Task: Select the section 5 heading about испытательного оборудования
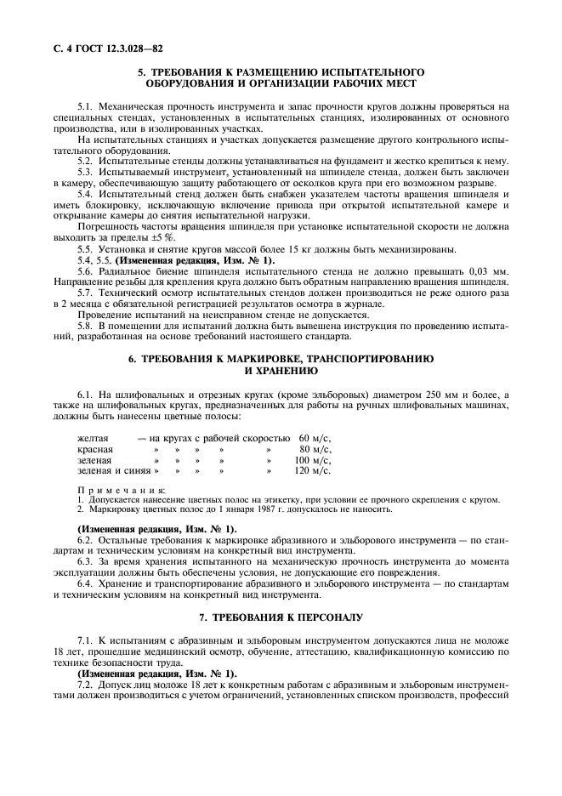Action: (x=281, y=77)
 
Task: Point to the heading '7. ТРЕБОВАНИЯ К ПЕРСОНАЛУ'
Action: (x=281, y=616)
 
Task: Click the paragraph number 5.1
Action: (x=86, y=107)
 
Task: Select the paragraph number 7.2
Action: (x=86, y=684)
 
